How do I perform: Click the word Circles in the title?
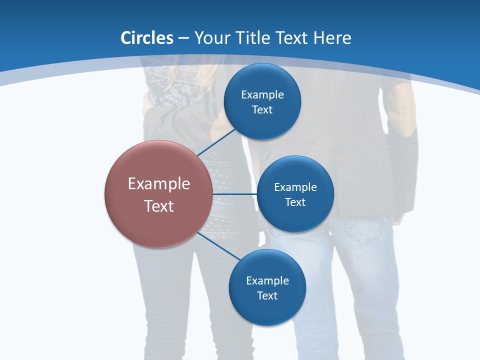coord(147,38)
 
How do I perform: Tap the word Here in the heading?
coord(332,38)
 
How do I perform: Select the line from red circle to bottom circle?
coord(219,246)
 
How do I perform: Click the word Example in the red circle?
coord(158,184)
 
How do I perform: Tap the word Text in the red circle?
coord(158,206)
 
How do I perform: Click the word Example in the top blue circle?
coord(262,94)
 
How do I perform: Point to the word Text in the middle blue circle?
coord(295,202)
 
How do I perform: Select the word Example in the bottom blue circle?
coord(267,280)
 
